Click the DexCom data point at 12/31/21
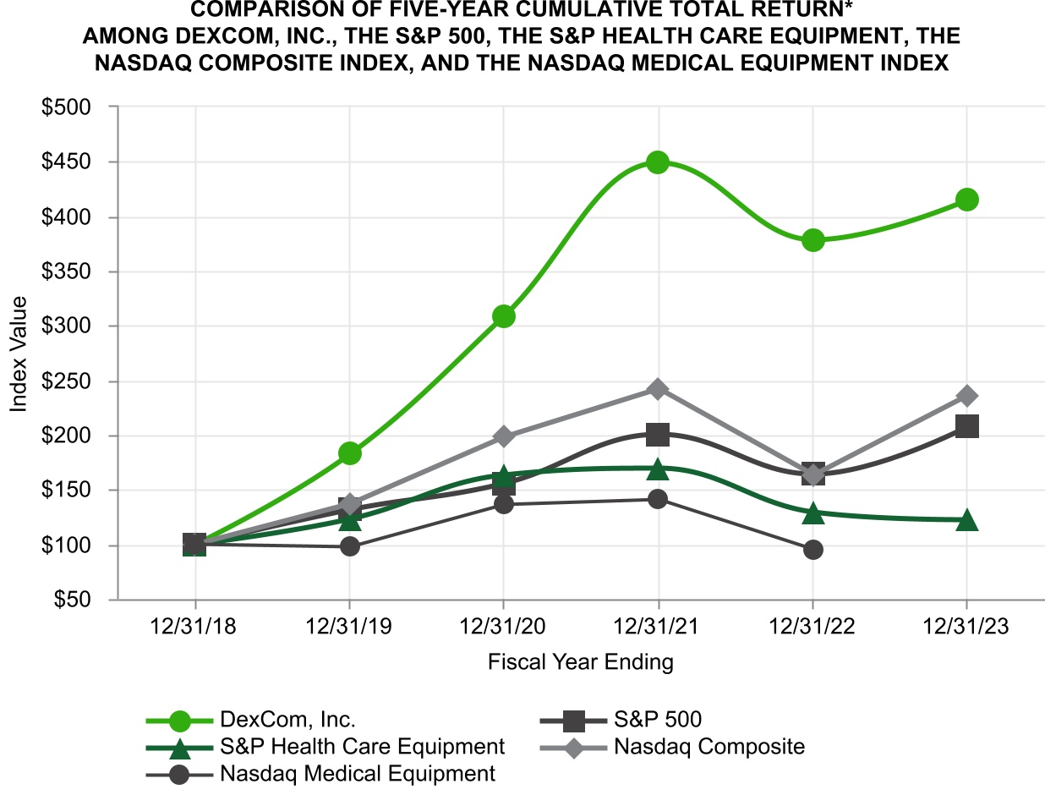[x=658, y=162]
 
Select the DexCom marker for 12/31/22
[x=813, y=240]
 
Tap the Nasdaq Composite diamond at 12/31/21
[x=658, y=389]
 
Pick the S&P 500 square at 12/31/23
[x=967, y=426]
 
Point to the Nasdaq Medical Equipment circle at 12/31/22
[x=813, y=550]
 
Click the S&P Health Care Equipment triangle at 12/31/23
[x=967, y=520]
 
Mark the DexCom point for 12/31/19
[x=350, y=453]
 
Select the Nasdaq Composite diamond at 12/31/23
[x=967, y=396]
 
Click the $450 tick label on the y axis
[x=78, y=162]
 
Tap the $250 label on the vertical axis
[x=78, y=381]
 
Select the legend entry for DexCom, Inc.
[x=287, y=721]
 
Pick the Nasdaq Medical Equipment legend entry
[x=357, y=773]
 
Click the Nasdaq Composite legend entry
[x=709, y=747]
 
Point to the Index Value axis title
[x=19, y=354]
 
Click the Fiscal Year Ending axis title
[x=581, y=662]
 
